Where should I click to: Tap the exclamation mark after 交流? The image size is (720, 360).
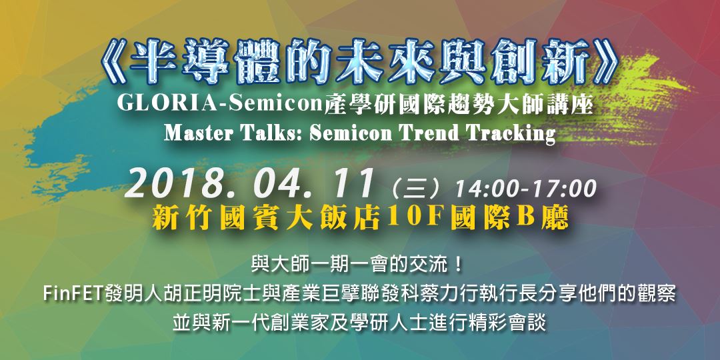click(457, 265)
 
